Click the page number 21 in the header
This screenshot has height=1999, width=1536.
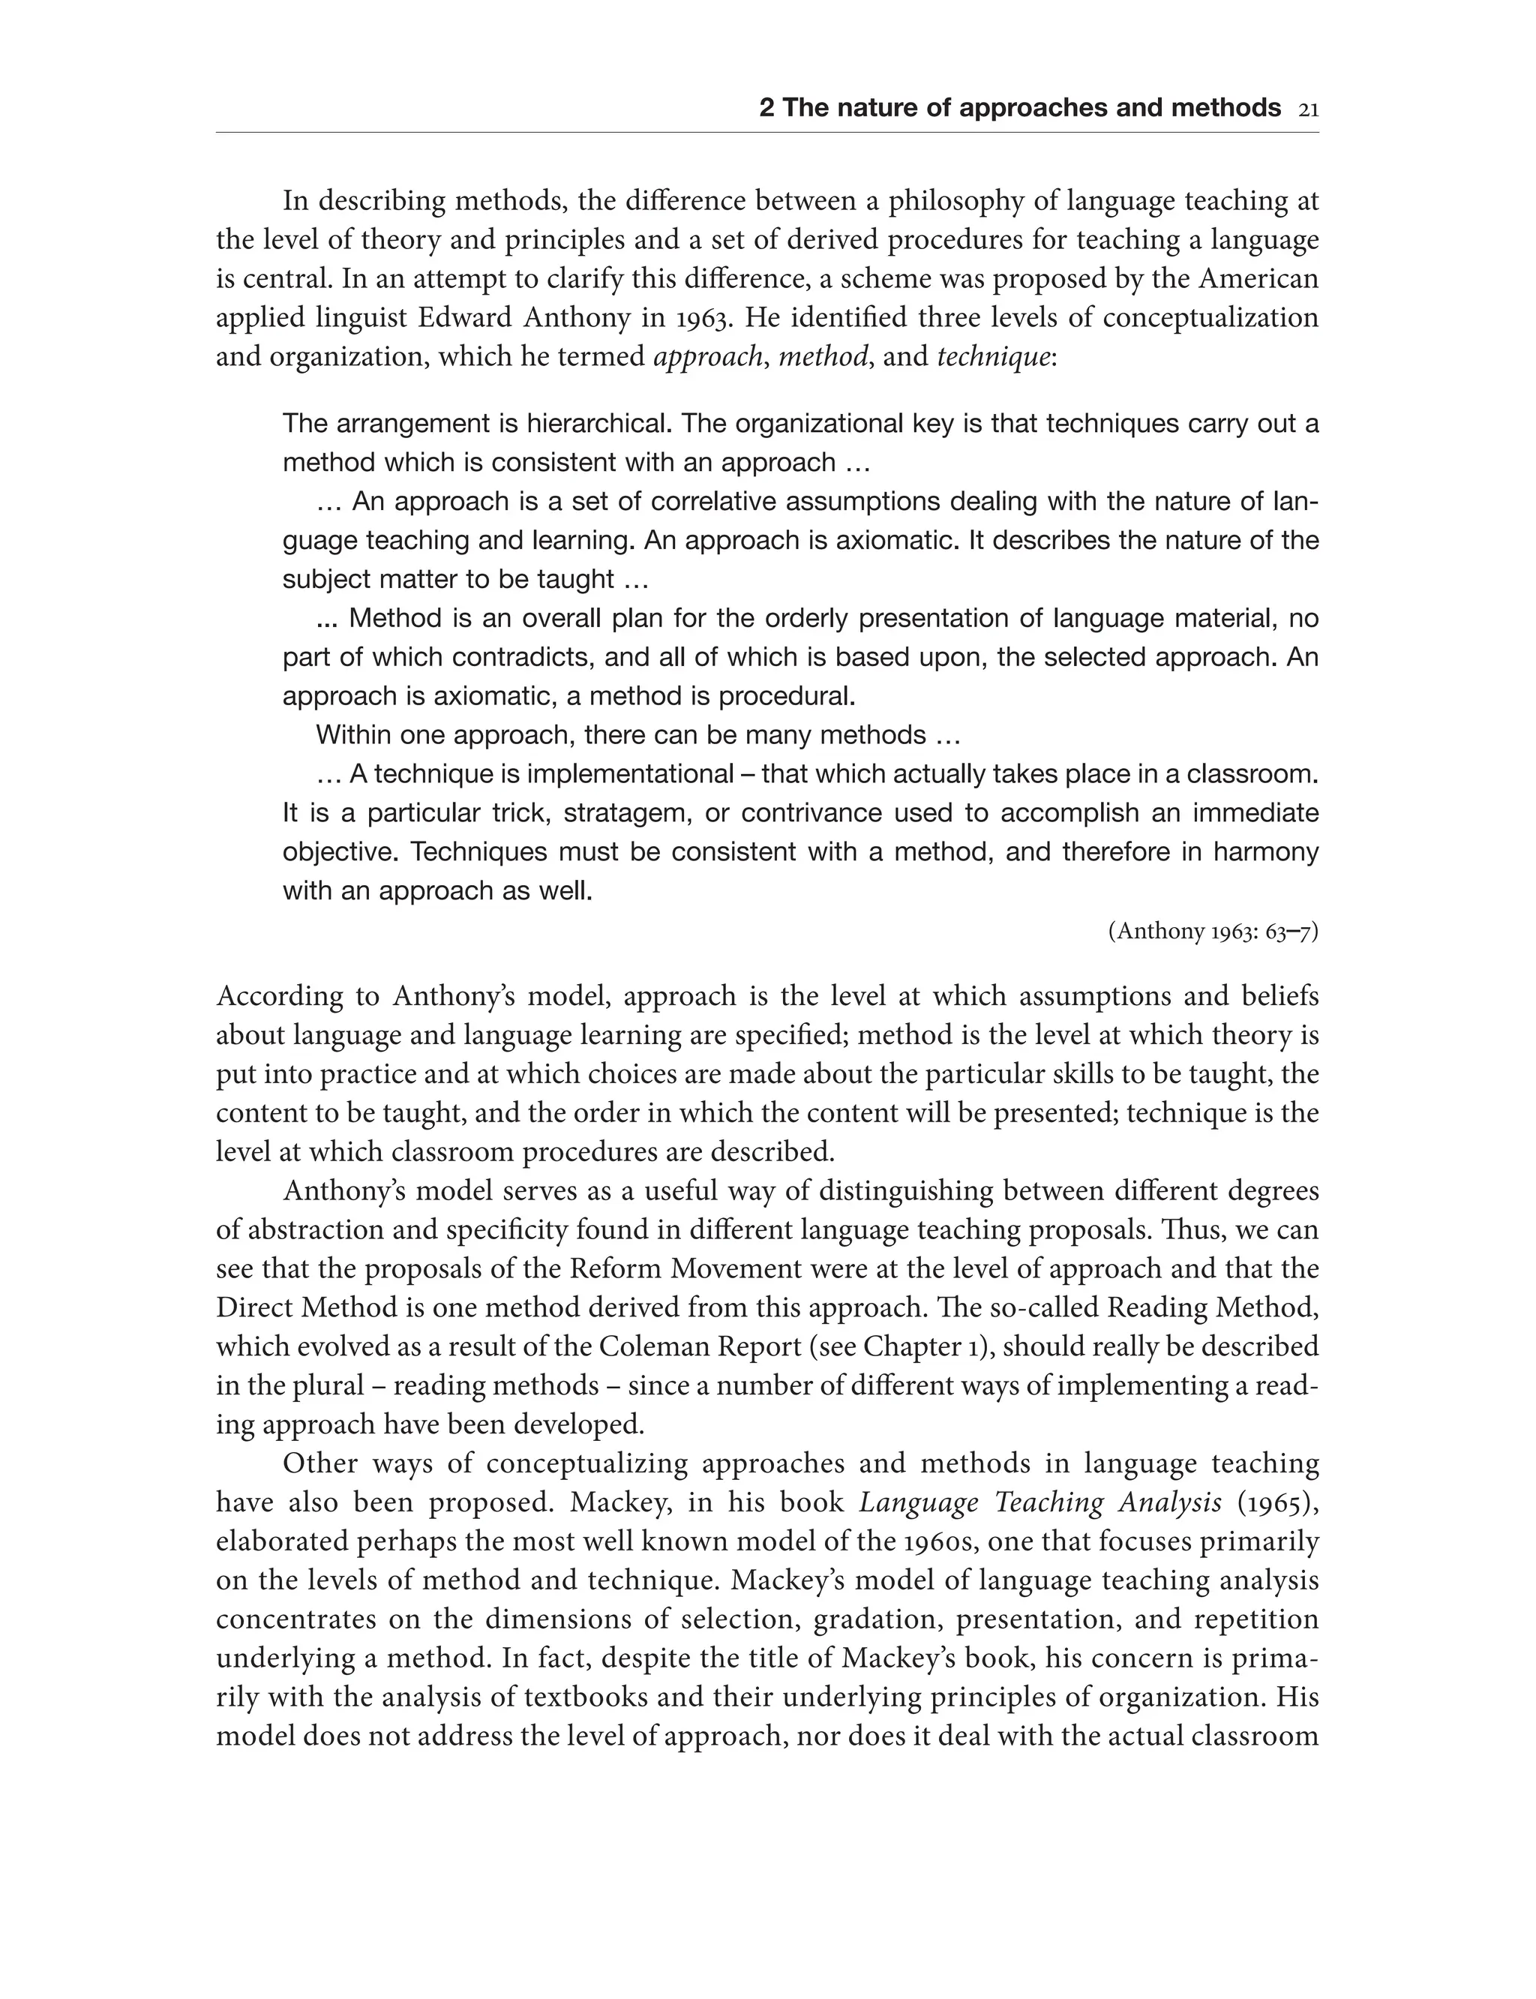[1307, 110]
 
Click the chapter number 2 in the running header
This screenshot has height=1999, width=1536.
[766, 109]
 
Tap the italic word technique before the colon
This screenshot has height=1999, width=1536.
[994, 356]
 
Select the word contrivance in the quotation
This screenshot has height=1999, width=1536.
[817, 813]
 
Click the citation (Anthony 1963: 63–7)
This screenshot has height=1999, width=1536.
[1213, 932]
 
